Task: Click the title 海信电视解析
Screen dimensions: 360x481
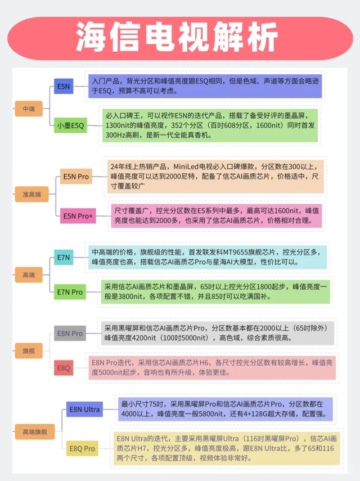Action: [x=180, y=39]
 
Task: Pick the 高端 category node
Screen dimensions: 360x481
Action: [x=29, y=275]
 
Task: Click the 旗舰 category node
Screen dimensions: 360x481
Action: [x=29, y=350]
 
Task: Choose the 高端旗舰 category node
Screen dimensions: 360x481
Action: [x=31, y=431]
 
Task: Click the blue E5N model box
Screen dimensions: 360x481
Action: [x=63, y=86]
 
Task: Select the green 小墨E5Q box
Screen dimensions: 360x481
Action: [x=70, y=125]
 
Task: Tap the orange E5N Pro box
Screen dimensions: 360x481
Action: [x=76, y=177]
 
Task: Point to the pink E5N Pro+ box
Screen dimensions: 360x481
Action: [x=78, y=215]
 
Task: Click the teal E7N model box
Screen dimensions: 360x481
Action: [x=63, y=258]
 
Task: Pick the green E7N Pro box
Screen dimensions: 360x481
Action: [x=70, y=292]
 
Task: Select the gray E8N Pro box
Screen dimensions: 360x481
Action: [x=70, y=334]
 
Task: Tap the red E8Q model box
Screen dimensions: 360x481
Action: [x=63, y=368]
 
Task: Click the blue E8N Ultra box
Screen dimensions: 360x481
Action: [x=84, y=410]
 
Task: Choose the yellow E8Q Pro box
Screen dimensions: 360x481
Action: [x=82, y=448]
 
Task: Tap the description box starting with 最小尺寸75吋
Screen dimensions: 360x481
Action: [x=225, y=409]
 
